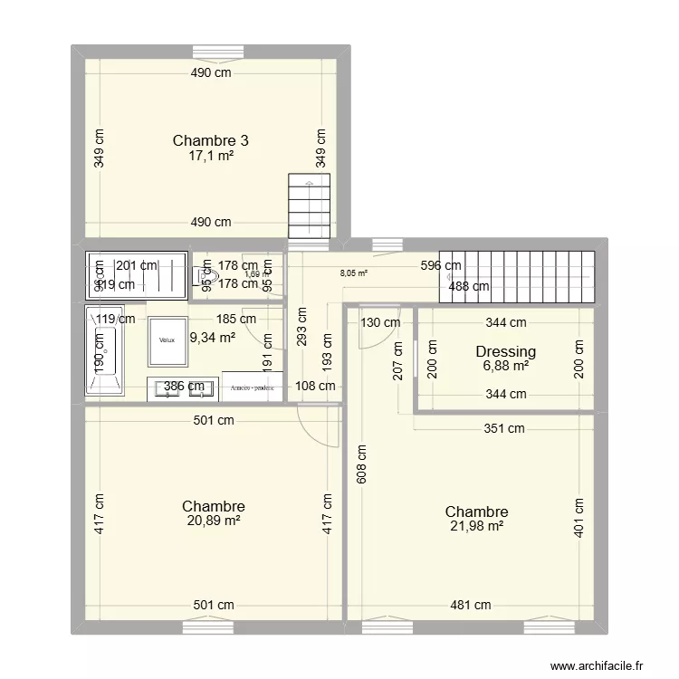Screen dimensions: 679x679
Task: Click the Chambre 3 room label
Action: pos(210,140)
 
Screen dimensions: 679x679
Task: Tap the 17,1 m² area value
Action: pos(210,156)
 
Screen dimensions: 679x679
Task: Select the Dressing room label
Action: pos(505,351)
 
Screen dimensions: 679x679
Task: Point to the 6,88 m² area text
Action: pos(505,366)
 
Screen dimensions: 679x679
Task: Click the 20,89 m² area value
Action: pos(213,521)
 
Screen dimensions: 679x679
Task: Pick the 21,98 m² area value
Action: pos(476,526)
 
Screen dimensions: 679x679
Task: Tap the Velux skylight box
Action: pos(167,340)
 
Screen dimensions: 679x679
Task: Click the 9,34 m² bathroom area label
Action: pos(212,339)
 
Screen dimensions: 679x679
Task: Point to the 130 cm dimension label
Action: pos(380,321)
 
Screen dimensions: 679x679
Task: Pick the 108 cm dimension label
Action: pos(315,386)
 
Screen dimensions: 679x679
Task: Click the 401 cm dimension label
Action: pos(580,517)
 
